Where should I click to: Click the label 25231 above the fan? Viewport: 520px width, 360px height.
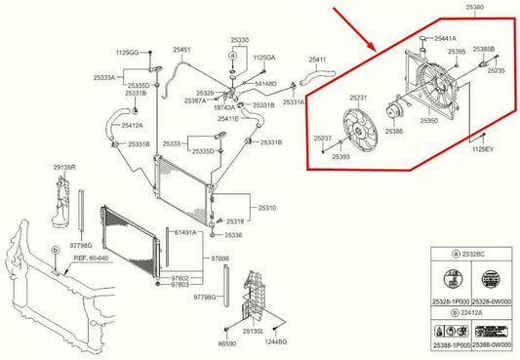pos(359,99)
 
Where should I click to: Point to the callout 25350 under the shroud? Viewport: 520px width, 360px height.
pos(430,122)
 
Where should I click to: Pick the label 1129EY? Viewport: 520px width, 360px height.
pos(484,149)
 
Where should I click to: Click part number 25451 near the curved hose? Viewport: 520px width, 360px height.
pos(181,50)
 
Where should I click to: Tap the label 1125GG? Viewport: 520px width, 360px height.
pos(129,50)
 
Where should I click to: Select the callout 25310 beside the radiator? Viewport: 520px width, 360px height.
pos(266,207)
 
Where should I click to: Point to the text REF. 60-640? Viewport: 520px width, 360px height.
pos(81,260)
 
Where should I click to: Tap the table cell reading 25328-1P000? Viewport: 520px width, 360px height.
pos(447,302)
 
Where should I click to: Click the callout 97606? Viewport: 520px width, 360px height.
pos(221,258)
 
